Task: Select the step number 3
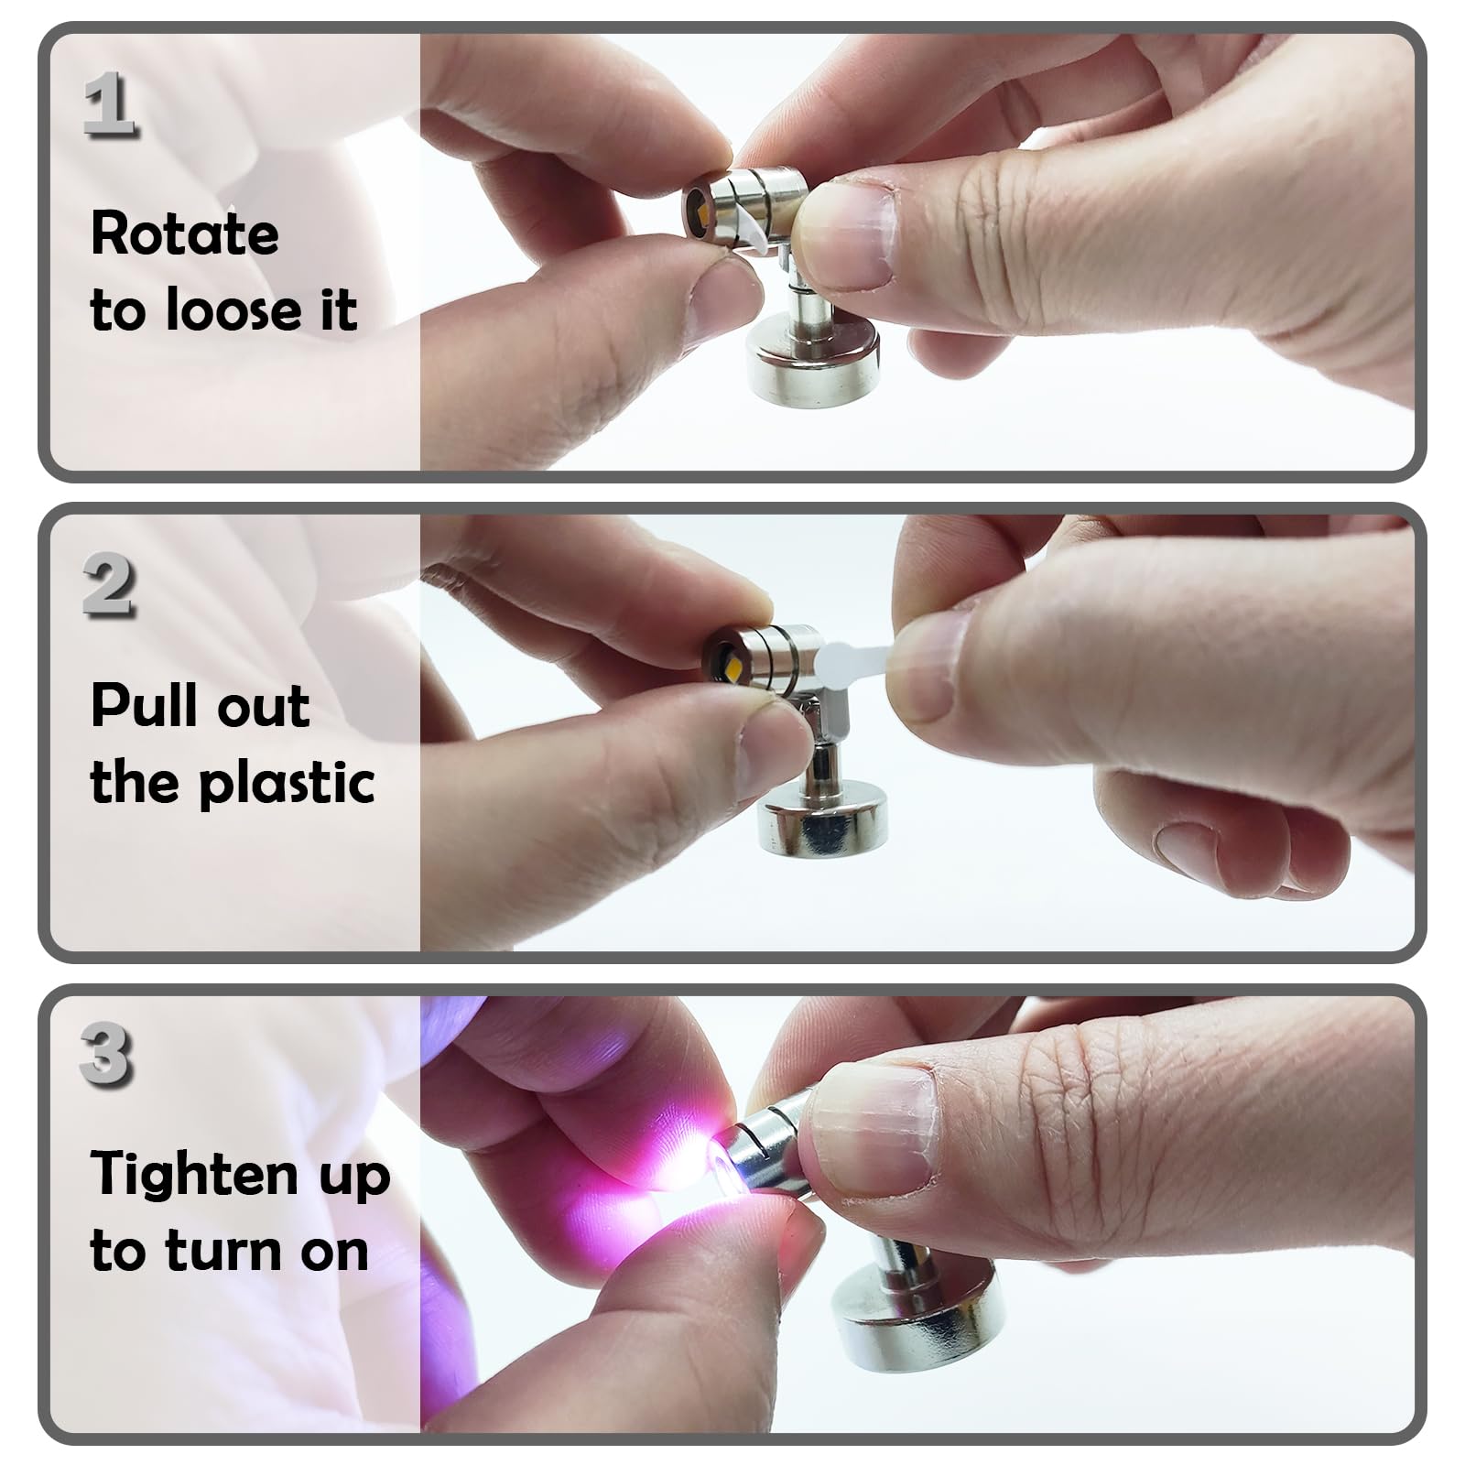click(x=106, y=1054)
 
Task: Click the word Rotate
click(x=185, y=234)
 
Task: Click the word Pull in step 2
click(x=136, y=706)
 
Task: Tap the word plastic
click(x=287, y=783)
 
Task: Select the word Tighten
click(x=194, y=1176)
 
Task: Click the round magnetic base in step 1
click(x=812, y=359)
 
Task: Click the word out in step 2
click(x=268, y=706)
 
